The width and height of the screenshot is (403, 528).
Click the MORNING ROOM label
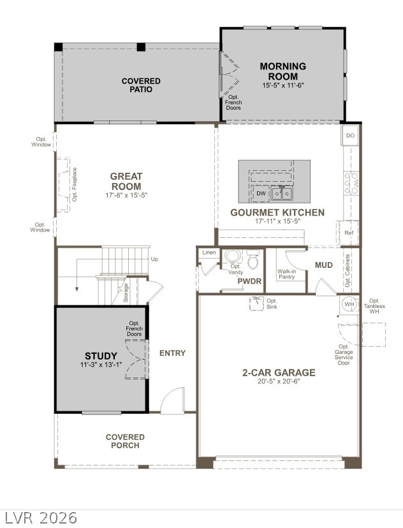pyautogui.click(x=282, y=71)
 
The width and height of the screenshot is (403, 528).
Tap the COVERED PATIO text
pyautogui.click(x=141, y=85)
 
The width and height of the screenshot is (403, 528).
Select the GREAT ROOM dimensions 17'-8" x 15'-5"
pyautogui.click(x=126, y=195)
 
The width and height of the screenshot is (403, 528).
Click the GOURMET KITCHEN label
pyautogui.click(x=277, y=212)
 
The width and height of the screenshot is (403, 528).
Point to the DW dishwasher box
pyautogui.click(x=261, y=193)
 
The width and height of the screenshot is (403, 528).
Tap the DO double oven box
pyautogui.click(x=350, y=136)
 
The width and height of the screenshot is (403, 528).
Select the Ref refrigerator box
pyautogui.click(x=349, y=233)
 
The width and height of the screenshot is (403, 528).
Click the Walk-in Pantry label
pyautogui.click(x=286, y=274)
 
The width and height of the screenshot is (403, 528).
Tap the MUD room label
pyautogui.click(x=323, y=265)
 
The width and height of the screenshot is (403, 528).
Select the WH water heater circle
pyautogui.click(x=349, y=304)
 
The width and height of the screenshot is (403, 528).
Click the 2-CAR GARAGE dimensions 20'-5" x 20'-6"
pyautogui.click(x=279, y=381)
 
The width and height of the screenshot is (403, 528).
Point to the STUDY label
pyautogui.click(x=101, y=356)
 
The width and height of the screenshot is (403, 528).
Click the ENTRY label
pyautogui.click(x=172, y=353)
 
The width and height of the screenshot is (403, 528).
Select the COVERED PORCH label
pyautogui.click(x=125, y=441)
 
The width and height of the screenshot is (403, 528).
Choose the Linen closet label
pyautogui.click(x=209, y=253)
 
